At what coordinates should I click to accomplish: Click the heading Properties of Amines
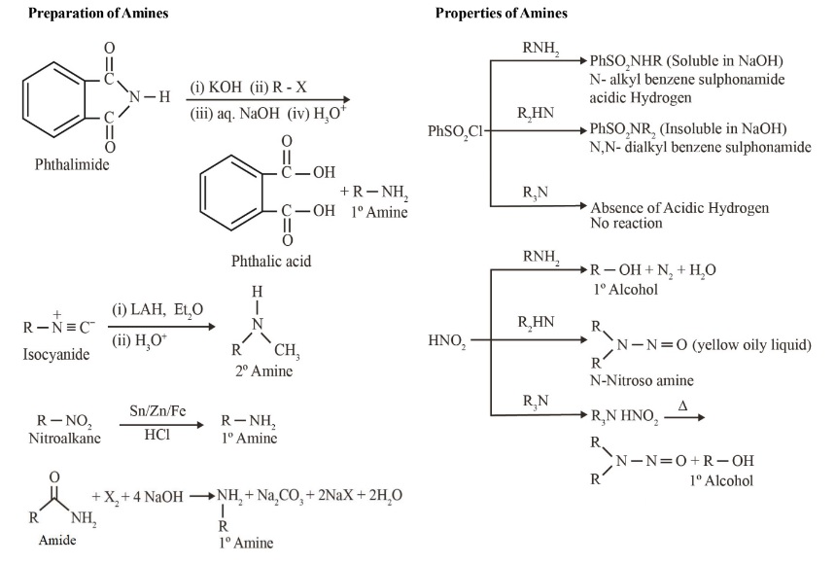502,13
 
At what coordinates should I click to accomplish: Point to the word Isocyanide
54,355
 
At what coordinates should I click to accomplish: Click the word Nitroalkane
58,437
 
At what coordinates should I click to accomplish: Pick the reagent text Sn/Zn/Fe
151,411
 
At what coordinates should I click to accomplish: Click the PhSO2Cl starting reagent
455,129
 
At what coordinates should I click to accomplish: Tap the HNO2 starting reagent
447,341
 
